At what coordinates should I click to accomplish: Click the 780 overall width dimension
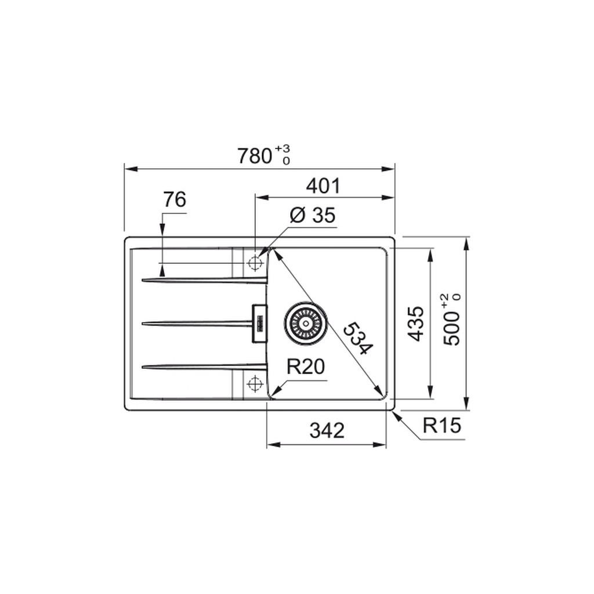[x=255, y=155]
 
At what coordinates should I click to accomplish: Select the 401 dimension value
[x=323, y=186]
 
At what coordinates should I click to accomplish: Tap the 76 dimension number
[x=175, y=200]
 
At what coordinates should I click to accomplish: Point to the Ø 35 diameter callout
[x=313, y=216]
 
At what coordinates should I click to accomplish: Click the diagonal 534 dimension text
[x=358, y=338]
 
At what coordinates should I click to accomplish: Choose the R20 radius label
[x=306, y=367]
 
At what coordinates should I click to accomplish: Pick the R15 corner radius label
[x=441, y=425]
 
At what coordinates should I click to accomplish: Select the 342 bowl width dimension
[x=327, y=430]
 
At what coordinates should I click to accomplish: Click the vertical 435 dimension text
[x=416, y=324]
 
